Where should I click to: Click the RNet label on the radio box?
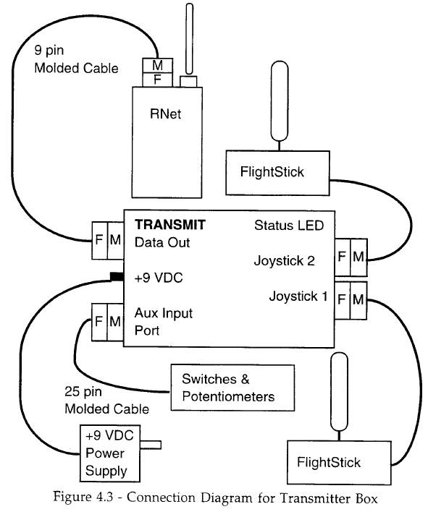pos(165,114)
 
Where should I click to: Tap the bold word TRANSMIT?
pos(170,225)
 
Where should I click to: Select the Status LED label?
pos(289,226)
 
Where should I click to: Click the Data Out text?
pos(162,243)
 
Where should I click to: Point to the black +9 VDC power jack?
pos(117,277)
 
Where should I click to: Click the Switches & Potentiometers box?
pos(232,388)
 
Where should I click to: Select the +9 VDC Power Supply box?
pos(110,453)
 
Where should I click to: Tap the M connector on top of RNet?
pos(158,65)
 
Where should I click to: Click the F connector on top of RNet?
pos(158,80)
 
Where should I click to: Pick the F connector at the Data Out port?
pos(99,240)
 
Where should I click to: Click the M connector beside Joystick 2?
pos(358,257)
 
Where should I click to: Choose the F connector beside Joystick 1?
pos(342,300)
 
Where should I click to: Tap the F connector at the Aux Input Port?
pos(99,322)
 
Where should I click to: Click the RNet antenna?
pos(189,39)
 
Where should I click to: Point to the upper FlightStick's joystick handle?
pos(280,101)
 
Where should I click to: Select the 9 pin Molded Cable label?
pos(76,60)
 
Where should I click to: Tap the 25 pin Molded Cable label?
pos(106,401)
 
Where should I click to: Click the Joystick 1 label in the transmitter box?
pos(298,296)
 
